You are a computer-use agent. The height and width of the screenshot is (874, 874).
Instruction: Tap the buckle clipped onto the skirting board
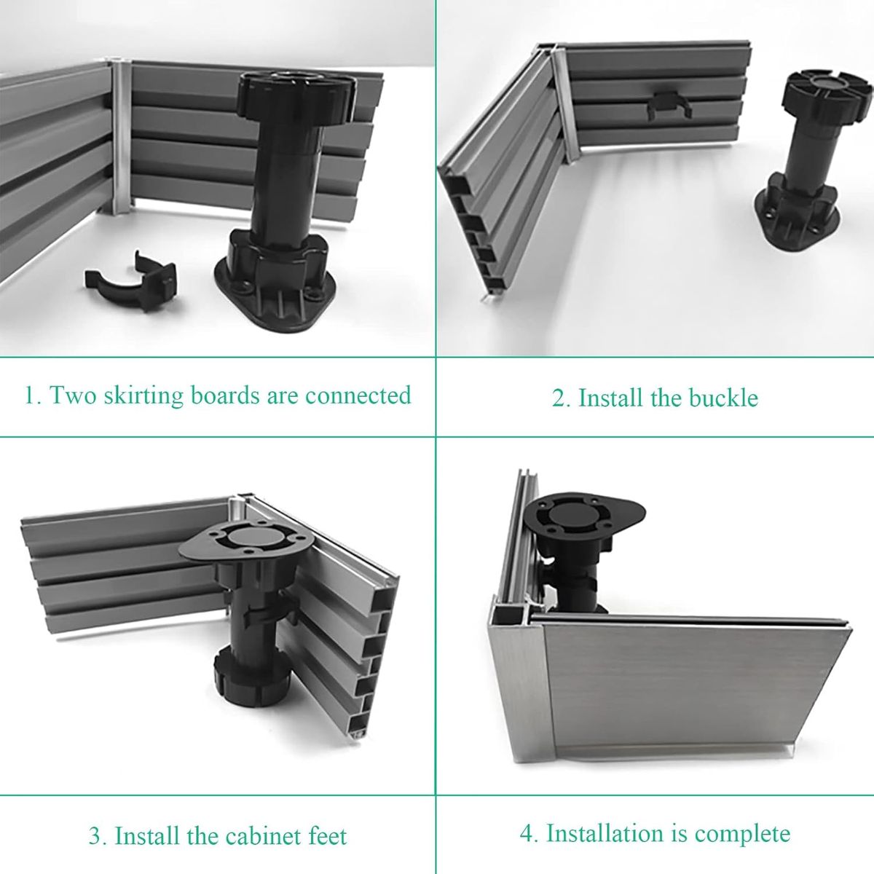[669, 107]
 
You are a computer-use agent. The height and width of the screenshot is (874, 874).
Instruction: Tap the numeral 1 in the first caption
[29, 396]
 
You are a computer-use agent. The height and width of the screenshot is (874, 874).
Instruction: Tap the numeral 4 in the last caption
[526, 833]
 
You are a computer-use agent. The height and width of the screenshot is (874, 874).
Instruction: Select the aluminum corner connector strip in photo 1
[121, 138]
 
